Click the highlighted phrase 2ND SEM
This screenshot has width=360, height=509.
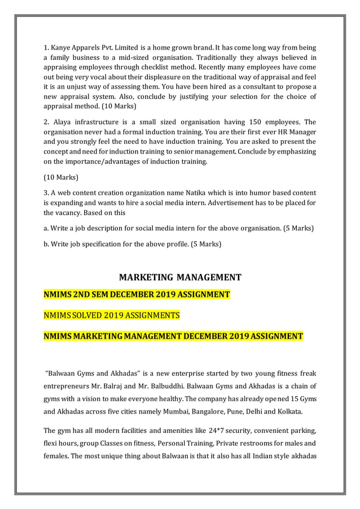(90, 295)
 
